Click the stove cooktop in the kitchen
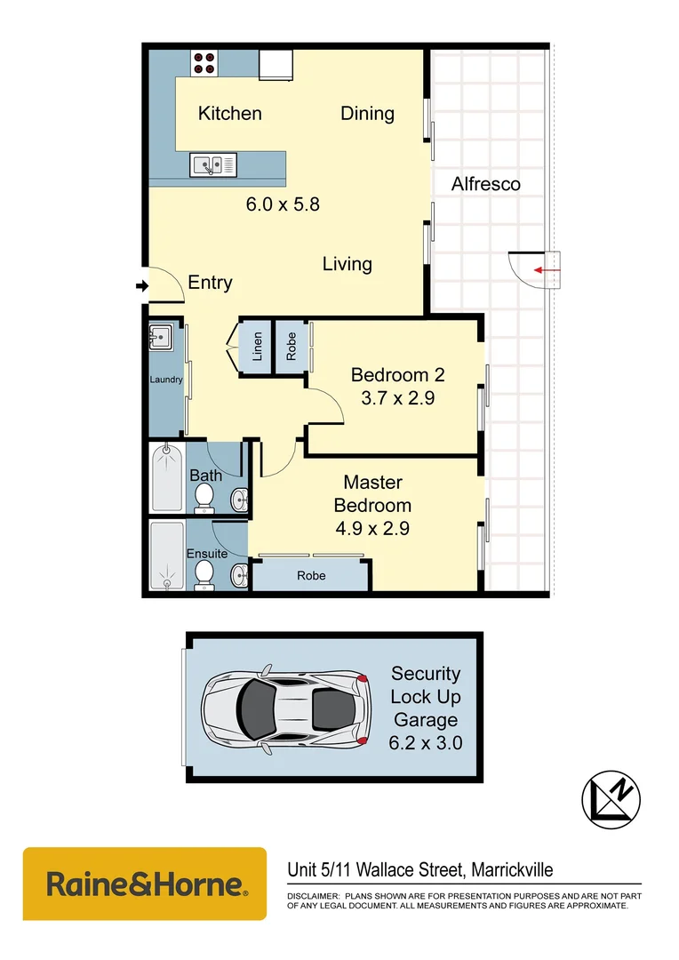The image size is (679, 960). (204, 63)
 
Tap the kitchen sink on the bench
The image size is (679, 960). (213, 164)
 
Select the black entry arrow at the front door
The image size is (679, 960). (140, 285)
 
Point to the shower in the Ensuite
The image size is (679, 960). (167, 556)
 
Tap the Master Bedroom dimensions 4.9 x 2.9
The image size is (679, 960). (372, 529)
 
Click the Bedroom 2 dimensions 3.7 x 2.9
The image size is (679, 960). (397, 398)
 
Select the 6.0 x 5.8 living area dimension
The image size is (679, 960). (283, 204)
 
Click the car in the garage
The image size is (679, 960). (284, 708)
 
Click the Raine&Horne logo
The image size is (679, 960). (145, 884)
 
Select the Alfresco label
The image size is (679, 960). (485, 185)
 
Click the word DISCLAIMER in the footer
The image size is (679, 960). (312, 896)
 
